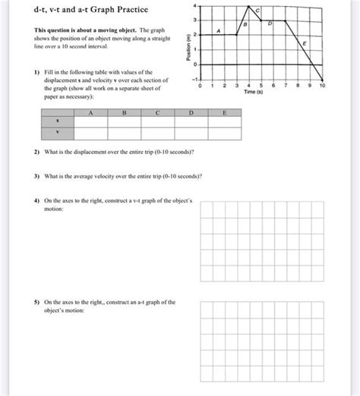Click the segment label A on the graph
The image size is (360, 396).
coord(219,31)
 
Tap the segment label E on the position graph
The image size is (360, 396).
coord(305,46)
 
